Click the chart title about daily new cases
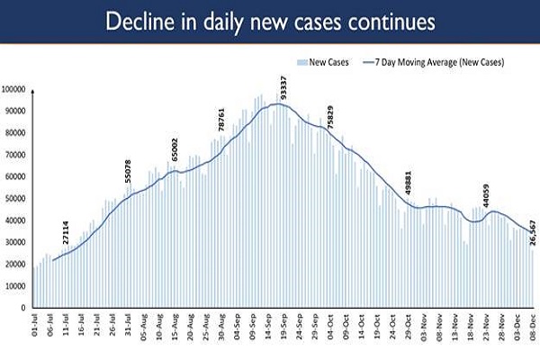point(270,21)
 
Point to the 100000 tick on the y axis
point(15,89)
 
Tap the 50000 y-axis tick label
point(17,199)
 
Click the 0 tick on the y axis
point(26,308)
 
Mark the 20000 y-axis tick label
point(17,265)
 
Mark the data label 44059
point(485,195)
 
